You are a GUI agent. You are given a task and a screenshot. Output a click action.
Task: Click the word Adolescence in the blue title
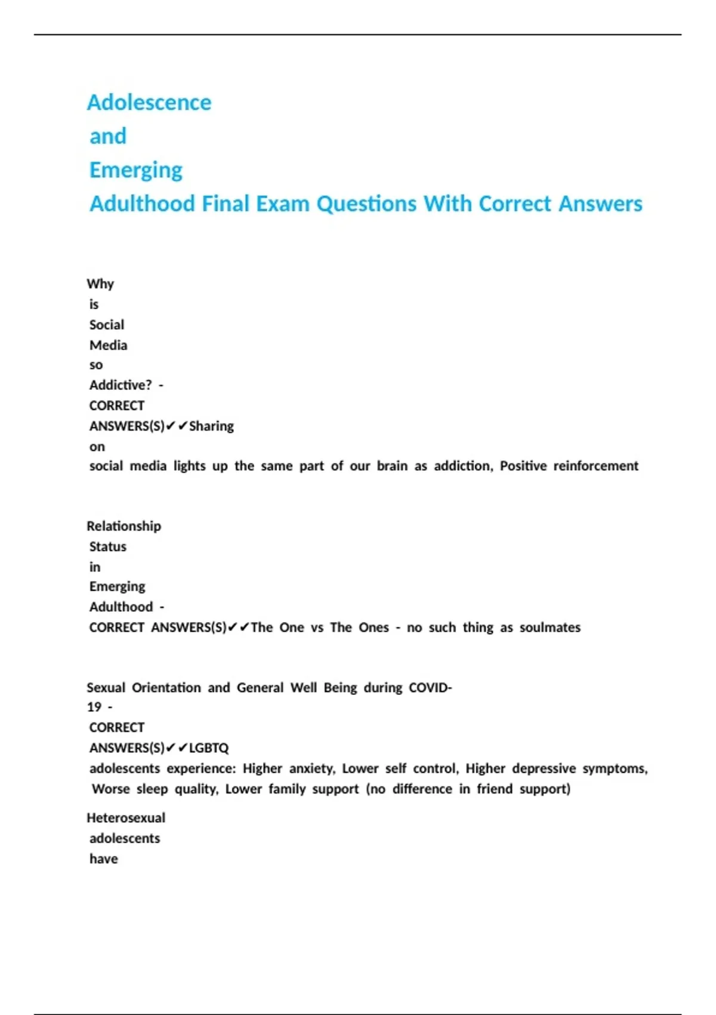click(149, 103)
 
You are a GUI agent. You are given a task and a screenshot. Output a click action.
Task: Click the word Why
click(100, 284)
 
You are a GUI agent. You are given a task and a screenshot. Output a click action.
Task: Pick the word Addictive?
click(121, 385)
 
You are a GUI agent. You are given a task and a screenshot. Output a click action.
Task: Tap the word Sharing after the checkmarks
click(211, 426)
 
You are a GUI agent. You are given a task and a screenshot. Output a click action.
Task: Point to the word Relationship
click(124, 526)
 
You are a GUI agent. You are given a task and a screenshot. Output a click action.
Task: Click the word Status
click(108, 546)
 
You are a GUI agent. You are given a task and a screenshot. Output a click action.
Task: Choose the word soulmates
click(550, 628)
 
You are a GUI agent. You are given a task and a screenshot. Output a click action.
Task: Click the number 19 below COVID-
click(94, 707)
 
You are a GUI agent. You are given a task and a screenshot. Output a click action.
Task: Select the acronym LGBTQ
click(209, 748)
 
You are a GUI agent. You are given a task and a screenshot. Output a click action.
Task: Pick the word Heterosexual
click(126, 818)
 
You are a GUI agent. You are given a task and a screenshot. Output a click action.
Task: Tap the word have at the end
click(104, 859)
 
